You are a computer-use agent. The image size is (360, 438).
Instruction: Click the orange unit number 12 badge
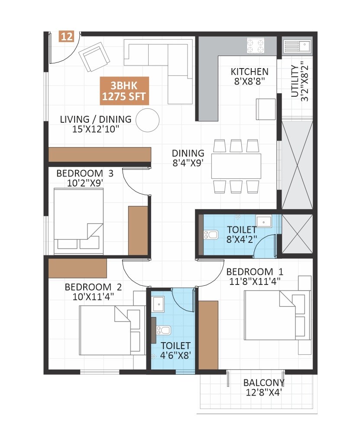(66, 36)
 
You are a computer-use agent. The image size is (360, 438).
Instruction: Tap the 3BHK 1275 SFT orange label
(124, 91)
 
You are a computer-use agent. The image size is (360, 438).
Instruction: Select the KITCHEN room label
(249, 72)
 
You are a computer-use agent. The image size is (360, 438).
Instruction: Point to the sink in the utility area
(297, 45)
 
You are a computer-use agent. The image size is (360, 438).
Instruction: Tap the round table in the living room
(147, 120)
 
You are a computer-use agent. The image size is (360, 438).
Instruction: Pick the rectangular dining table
(236, 166)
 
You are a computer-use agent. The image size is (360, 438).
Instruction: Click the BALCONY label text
(263, 382)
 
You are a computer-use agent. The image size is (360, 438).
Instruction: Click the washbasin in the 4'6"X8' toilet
(159, 304)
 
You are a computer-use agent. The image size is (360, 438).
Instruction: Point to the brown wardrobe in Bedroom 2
(78, 268)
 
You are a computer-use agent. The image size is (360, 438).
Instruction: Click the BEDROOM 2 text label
(93, 287)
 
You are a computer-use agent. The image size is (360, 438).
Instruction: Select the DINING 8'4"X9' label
(188, 158)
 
